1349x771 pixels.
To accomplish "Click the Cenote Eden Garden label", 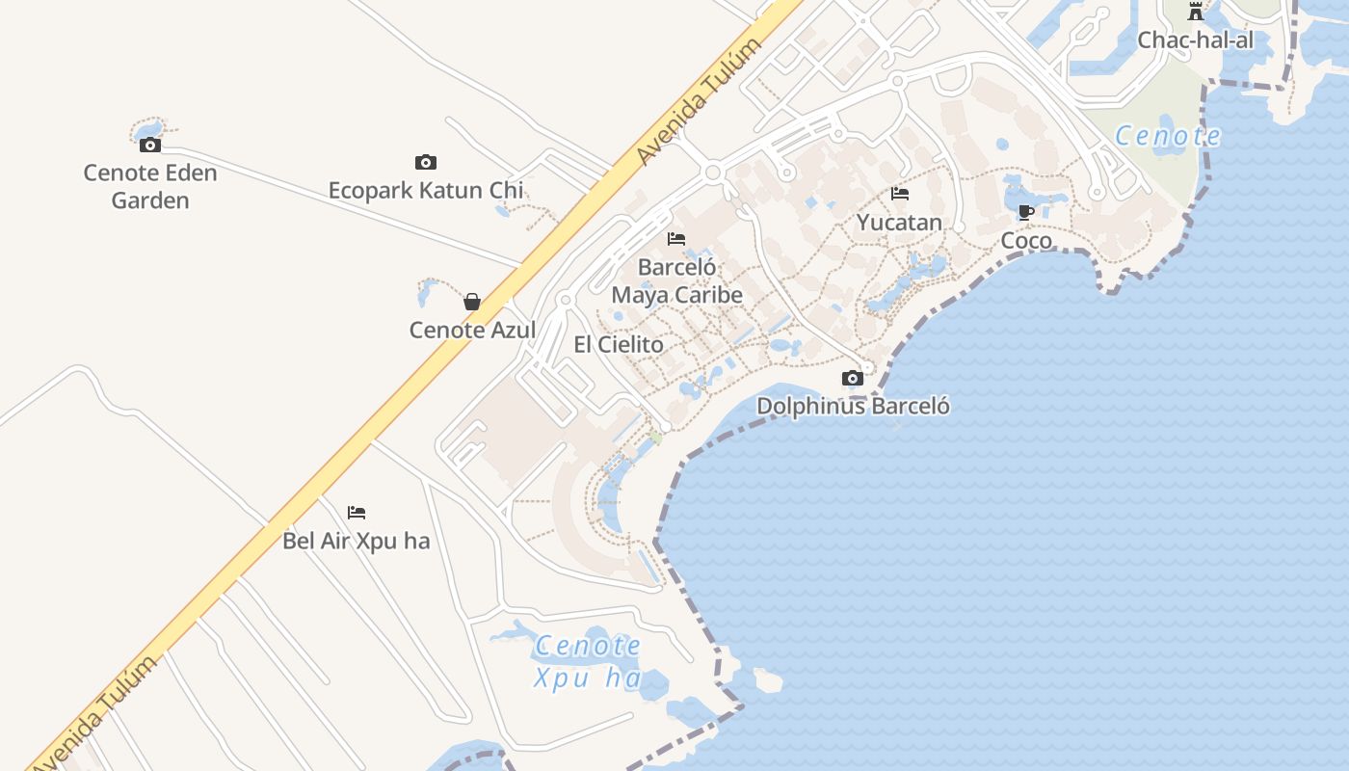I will (150, 187).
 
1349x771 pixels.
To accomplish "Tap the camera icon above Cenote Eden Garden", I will (150, 146).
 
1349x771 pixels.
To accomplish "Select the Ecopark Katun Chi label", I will (426, 190).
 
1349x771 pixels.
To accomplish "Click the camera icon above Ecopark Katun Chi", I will (426, 162).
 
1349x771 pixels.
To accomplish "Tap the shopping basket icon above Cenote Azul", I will (472, 302).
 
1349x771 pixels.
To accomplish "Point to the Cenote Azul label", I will (472, 330).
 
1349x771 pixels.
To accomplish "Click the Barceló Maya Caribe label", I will (676, 280).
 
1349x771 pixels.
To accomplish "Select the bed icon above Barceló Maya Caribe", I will (676, 238).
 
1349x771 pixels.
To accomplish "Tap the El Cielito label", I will (619, 344).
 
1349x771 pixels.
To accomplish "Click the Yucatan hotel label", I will (899, 222).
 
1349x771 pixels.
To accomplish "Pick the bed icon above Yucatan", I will (900, 194).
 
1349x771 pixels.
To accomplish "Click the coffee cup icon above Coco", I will (1026, 212).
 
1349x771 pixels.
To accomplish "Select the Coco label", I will (1026, 240).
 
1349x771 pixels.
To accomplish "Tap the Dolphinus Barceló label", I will (853, 406).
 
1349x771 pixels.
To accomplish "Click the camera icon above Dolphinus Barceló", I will (853, 378).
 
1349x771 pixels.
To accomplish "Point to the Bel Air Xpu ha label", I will (357, 541).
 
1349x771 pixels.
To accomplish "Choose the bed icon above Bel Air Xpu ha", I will (357, 513).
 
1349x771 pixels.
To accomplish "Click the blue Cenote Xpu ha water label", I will (588, 661).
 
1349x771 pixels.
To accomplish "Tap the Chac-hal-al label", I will (1196, 40).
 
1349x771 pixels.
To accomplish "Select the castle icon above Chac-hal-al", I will (1196, 12).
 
